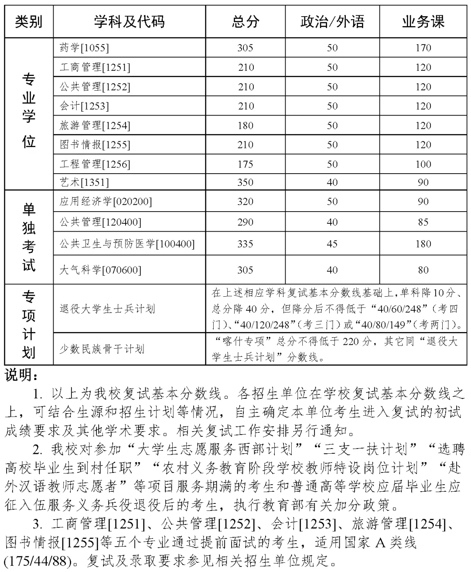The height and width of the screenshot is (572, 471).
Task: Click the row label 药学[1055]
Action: tap(84, 48)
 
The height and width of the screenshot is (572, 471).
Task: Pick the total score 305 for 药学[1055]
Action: tap(245, 48)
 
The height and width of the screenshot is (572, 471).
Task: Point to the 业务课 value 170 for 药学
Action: tap(423, 48)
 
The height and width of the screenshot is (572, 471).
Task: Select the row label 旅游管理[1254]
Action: tap(95, 126)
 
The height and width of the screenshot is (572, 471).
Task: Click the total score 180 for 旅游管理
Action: tap(245, 126)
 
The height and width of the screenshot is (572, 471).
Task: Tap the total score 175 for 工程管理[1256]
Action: tap(245, 164)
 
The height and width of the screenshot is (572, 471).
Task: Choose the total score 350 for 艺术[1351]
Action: tap(245, 182)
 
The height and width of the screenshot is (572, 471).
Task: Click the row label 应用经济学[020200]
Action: tap(106, 202)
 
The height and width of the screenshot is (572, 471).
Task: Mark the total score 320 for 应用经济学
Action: tap(245, 202)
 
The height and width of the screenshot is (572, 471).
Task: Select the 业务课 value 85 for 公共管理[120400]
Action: tap(423, 222)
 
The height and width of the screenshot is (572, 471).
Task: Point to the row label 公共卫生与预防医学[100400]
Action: tap(127, 244)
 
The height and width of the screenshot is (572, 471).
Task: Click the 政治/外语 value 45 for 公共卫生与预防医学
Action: tap(332, 244)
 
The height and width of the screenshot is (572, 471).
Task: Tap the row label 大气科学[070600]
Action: tap(100, 270)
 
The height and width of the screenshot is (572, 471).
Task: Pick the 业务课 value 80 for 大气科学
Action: tap(423, 270)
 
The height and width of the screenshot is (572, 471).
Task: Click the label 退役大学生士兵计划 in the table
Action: tap(107, 309)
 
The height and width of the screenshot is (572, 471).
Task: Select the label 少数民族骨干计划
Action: tap(102, 349)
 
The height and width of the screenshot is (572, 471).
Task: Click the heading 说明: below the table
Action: tap(21, 375)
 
